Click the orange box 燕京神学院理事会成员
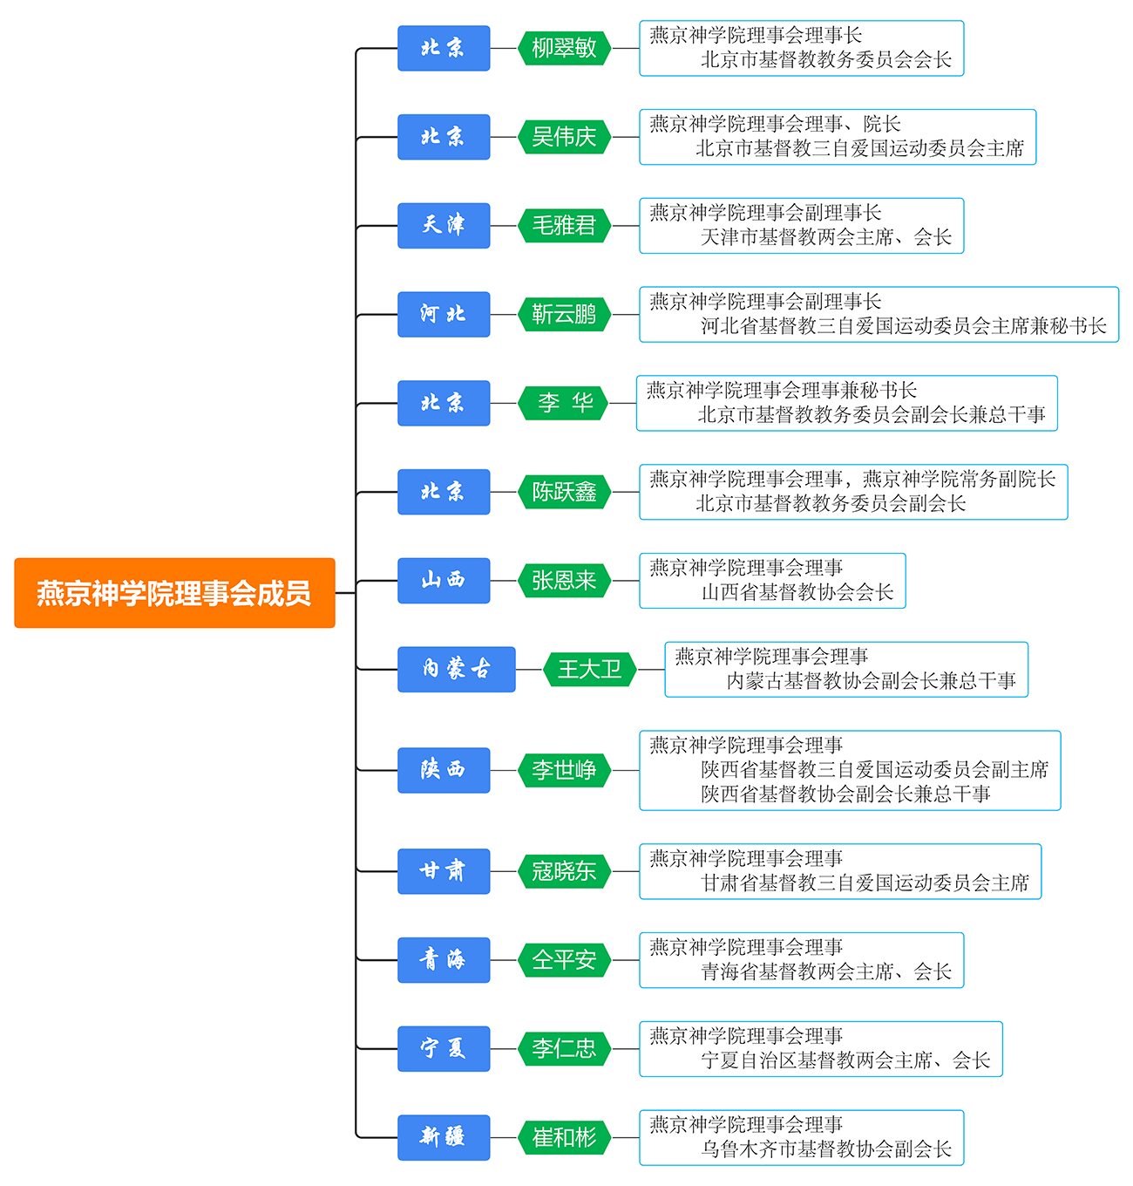[174, 592]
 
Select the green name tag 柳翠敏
[564, 48]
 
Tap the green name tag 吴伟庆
[564, 137]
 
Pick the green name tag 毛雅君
[564, 226]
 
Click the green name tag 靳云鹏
[564, 315]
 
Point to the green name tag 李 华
[564, 403]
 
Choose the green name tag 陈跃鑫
[564, 492]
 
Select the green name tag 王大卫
[590, 669]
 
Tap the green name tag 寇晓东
[564, 871]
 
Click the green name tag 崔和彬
[564, 1137]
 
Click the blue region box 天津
[444, 226]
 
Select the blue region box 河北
[444, 315]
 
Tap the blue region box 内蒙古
[456, 669]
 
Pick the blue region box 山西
[444, 581]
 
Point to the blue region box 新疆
[444, 1137]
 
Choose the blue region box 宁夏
[444, 1049]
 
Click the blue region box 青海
[444, 960]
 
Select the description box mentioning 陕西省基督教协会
[850, 770]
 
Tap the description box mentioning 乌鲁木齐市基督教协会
[802, 1137]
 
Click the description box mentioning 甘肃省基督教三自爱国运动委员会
[840, 871]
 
